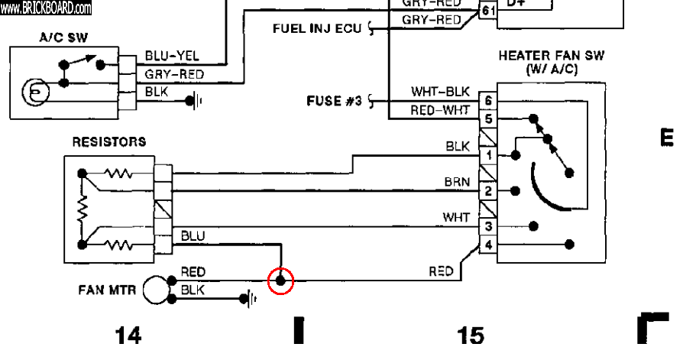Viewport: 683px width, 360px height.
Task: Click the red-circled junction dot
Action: [281, 281]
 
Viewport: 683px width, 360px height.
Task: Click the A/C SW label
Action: [63, 37]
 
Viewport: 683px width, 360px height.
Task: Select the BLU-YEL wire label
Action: [173, 57]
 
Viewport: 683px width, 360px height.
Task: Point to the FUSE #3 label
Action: [334, 100]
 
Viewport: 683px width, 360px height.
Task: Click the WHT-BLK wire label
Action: [434, 92]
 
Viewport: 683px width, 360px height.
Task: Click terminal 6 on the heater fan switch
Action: [487, 101]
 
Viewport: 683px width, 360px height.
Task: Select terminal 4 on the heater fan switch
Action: [487, 245]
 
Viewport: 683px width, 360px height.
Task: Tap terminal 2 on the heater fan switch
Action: [487, 190]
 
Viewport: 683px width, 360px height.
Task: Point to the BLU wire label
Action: [193, 236]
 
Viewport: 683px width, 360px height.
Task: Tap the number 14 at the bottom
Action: [128, 335]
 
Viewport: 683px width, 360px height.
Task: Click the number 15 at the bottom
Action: [471, 335]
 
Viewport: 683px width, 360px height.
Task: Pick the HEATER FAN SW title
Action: [550, 62]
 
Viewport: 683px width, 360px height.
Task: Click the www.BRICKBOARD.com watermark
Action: [46, 9]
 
